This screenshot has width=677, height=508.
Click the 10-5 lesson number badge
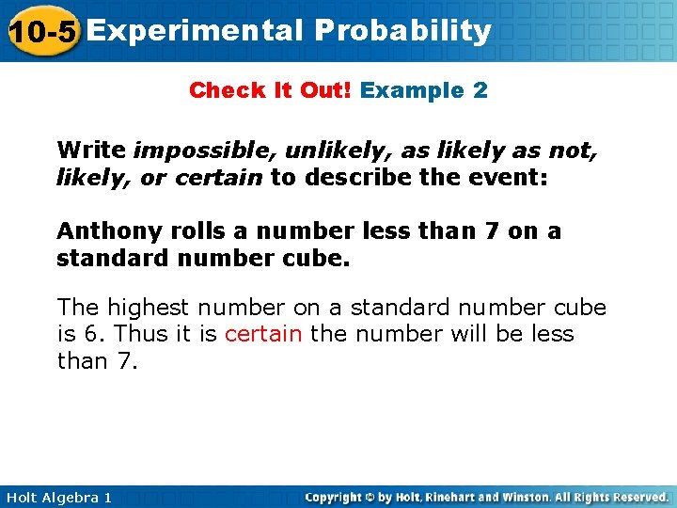[x=40, y=31]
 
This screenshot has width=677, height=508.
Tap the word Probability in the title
[x=402, y=31]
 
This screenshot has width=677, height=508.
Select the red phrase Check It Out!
[x=271, y=90]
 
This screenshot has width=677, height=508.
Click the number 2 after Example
[x=480, y=90]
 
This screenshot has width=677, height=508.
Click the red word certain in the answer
[x=263, y=334]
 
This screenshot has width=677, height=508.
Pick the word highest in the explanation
[x=146, y=308]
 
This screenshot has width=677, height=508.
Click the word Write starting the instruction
[x=90, y=150]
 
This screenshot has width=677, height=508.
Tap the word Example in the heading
[x=413, y=90]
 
